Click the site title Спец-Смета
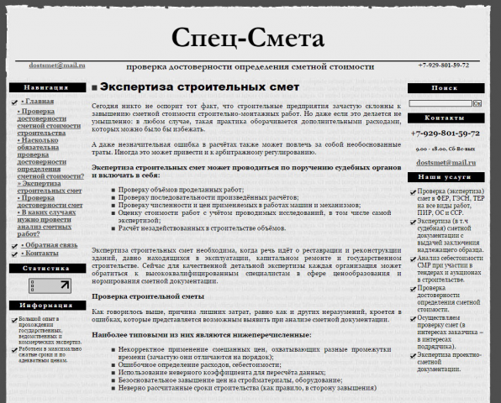coord(247,39)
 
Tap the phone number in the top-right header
coord(443,65)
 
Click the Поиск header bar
coord(445,87)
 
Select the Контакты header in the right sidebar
coord(445,118)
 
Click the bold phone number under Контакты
coord(445,133)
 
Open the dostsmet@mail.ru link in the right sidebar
coord(445,162)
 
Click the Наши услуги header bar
coord(445,177)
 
